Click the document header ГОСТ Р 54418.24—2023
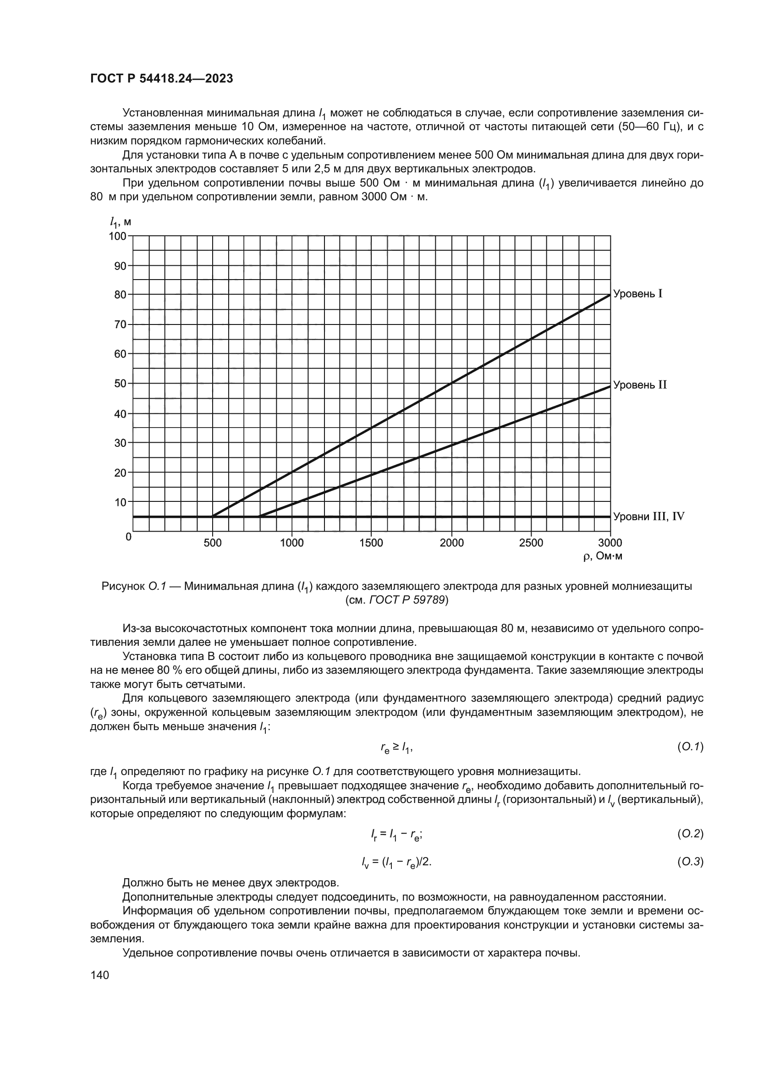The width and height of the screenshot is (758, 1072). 161,79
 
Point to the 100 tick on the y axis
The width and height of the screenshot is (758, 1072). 118,236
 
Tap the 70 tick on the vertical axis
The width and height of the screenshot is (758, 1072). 121,324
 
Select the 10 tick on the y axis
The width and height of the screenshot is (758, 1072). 121,502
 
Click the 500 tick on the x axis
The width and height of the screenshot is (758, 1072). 213,543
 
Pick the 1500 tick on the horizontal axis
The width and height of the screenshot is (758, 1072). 372,543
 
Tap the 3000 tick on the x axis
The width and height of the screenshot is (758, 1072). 610,543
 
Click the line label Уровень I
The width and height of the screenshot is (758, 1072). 637,294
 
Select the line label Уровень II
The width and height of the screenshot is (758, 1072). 639,385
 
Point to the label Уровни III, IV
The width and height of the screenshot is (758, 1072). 648,517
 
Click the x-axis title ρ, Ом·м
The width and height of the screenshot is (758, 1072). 603,556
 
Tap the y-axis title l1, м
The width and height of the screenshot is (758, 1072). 121,222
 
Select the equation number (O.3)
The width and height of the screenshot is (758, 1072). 690,863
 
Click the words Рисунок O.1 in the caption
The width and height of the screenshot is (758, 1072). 134,587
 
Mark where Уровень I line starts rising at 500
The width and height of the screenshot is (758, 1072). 213,517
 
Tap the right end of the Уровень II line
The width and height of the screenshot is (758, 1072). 610,386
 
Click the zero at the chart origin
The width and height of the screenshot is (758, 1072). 128,537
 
